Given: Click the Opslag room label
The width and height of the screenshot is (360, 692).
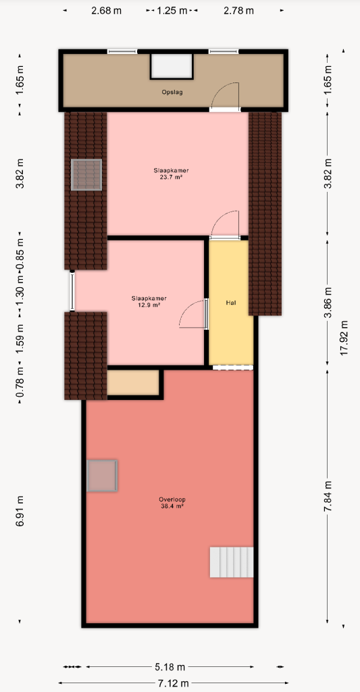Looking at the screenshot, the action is pyautogui.click(x=172, y=93).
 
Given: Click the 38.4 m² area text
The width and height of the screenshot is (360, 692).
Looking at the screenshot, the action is pyautogui.click(x=172, y=507).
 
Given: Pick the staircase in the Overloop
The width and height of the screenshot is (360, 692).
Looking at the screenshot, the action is pyautogui.click(x=232, y=562).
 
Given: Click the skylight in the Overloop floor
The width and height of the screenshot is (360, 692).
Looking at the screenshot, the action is pyautogui.click(x=102, y=476).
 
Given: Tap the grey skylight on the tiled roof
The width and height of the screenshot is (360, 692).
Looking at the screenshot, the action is pyautogui.click(x=86, y=175).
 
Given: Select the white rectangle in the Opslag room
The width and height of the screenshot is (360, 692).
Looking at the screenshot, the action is pyautogui.click(x=172, y=66).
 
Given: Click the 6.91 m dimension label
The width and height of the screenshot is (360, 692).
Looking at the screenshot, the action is pyautogui.click(x=20, y=511).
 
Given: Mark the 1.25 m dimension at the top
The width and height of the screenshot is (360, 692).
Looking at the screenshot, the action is pyautogui.click(x=172, y=11).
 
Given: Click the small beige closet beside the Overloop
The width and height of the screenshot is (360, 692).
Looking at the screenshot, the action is pyautogui.click(x=133, y=382).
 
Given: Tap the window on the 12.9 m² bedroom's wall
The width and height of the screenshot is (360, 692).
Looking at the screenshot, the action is pyautogui.click(x=72, y=291).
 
